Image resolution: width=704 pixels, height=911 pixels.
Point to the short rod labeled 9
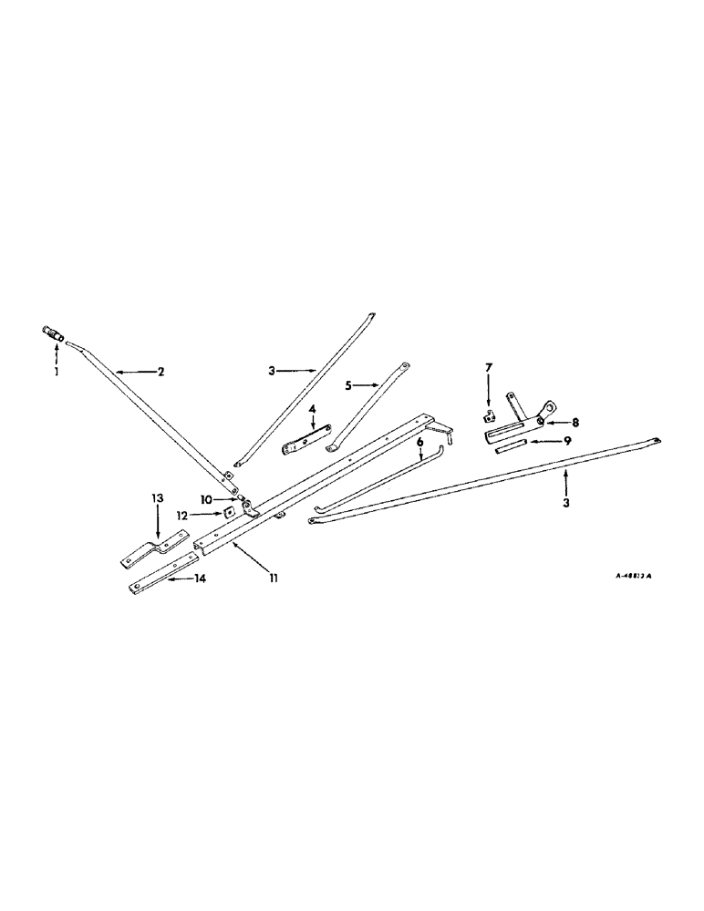tap(511, 447)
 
